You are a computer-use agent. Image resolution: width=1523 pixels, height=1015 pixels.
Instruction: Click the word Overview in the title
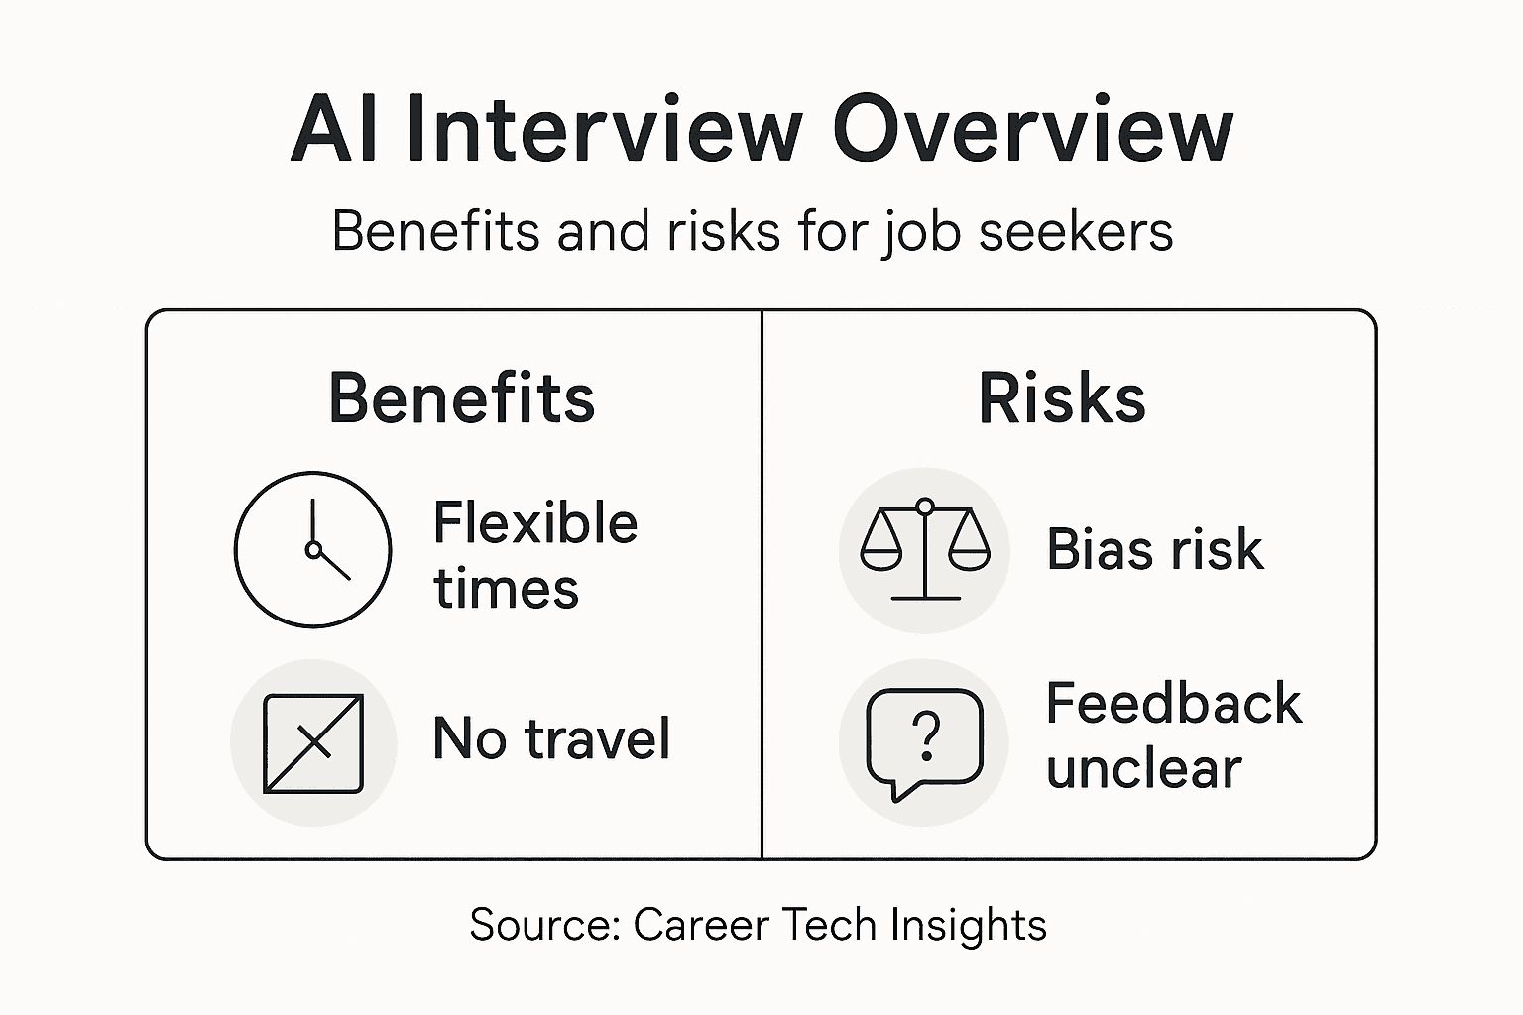[1032, 130]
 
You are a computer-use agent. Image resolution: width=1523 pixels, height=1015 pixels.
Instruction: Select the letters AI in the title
[334, 130]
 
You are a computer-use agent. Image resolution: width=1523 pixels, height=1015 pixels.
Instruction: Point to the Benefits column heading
[462, 398]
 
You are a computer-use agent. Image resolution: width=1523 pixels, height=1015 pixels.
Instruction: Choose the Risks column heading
[1062, 398]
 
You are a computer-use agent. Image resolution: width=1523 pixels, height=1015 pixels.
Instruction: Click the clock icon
[313, 549]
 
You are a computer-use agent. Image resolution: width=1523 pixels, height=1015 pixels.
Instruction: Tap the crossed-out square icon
[313, 742]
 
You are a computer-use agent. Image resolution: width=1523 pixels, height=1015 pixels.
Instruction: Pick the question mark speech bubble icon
[924, 742]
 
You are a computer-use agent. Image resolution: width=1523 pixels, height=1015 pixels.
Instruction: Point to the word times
[506, 588]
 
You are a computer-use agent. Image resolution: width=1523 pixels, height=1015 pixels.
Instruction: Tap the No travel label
[551, 738]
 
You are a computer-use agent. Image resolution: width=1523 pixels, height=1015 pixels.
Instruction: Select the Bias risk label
[1155, 549]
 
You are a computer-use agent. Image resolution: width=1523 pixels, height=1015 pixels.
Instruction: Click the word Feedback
[1174, 704]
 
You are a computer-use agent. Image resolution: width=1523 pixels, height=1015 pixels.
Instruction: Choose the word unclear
[1143, 768]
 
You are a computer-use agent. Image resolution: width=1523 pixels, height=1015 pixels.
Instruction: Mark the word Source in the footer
[543, 925]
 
